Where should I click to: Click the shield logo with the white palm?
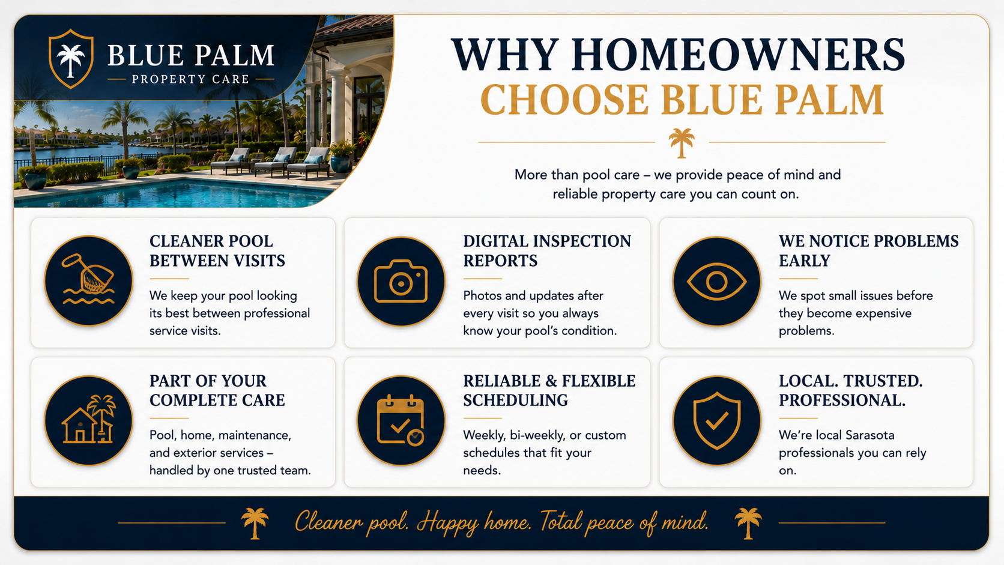click(71, 59)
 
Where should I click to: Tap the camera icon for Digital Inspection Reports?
click(401, 282)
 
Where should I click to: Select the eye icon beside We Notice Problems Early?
click(716, 282)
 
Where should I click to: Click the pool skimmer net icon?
click(88, 279)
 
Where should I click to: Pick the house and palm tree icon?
click(88, 419)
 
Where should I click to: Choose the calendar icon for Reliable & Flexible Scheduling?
click(401, 420)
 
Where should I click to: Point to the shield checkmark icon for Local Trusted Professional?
click(716, 420)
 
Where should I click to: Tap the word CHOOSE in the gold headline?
click(564, 100)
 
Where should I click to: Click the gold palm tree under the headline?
click(682, 143)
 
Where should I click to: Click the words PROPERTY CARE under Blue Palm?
click(190, 79)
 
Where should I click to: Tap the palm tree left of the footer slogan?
click(255, 523)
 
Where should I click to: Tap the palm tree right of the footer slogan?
click(748, 523)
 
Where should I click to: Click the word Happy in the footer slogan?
click(447, 523)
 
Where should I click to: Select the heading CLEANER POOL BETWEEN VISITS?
click(217, 251)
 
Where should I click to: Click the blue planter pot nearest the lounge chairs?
click(340, 163)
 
